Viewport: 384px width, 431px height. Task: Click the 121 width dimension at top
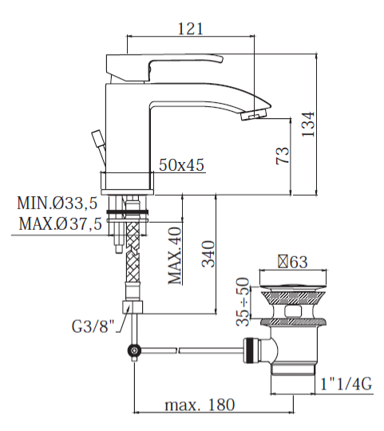(188, 28)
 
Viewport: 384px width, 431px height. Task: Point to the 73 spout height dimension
(282, 156)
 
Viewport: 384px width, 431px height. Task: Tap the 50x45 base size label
(181, 165)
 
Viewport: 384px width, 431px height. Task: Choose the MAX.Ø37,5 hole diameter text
(60, 224)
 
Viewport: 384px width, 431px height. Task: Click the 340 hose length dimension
(208, 255)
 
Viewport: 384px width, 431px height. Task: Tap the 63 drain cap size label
(293, 261)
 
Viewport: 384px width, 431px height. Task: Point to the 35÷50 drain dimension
(244, 303)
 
